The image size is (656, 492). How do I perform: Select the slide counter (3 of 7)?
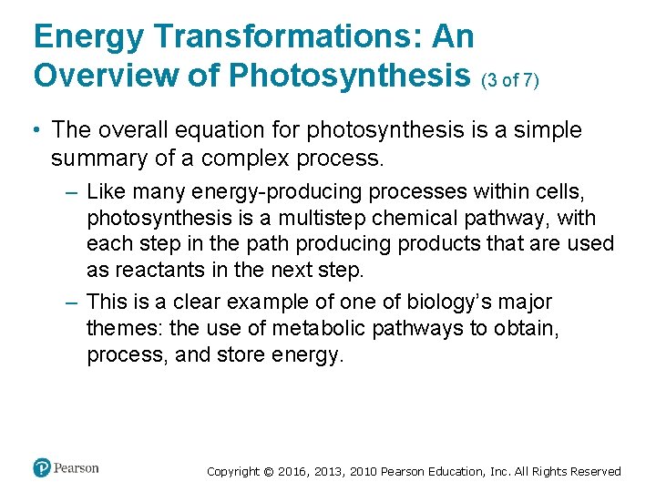point(510,80)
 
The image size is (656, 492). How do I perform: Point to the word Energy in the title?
point(89,36)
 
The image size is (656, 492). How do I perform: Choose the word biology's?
point(446,302)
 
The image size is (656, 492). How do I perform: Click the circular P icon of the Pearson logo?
point(42,468)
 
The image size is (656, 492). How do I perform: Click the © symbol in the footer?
point(268,471)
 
